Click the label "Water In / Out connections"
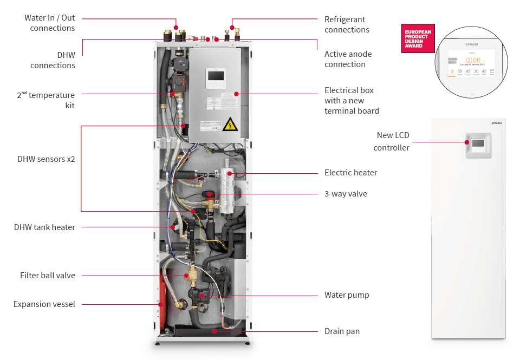pos(49,23)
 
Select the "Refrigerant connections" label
pos(347,24)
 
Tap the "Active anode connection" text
pos(348,59)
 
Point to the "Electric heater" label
pos(350,173)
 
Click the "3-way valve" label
pos(346,193)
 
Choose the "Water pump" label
pos(347,295)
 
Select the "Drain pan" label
pos(342,331)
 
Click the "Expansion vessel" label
pos(44,304)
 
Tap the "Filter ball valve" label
pos(48,276)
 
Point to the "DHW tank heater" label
pos(44,227)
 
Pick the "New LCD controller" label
pos(392,141)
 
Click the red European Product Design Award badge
pos(418,38)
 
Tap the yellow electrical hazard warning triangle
pos(230,125)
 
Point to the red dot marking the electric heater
pos(230,173)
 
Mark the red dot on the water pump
pos(201,296)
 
